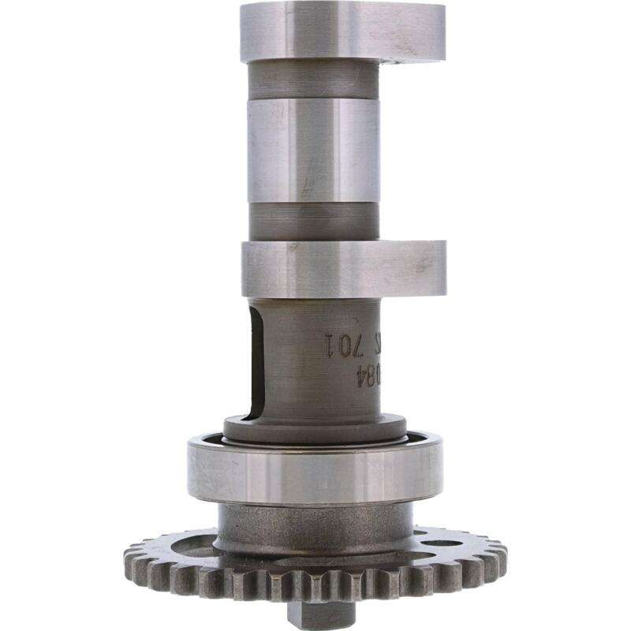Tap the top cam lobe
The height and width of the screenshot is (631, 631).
[x=343, y=31]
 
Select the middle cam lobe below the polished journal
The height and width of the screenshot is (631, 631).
[x=343, y=269]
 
